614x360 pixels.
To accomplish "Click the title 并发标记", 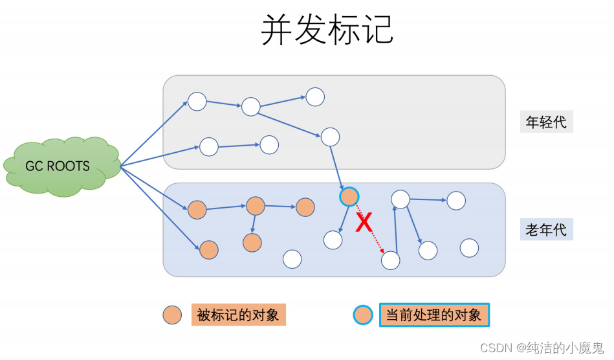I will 327,30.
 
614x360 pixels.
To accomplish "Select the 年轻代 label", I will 546,122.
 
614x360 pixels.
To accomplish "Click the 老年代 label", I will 546,230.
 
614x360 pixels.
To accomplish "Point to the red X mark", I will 365,223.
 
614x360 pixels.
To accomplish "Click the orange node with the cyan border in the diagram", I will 349,196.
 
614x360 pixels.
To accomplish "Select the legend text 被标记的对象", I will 238,315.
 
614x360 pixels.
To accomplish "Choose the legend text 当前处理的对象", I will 433,315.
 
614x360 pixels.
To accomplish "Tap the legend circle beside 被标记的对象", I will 172,315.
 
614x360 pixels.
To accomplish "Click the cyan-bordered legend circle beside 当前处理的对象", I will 362,315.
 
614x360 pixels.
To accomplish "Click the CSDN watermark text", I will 542,348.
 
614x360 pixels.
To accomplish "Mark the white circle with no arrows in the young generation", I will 315,97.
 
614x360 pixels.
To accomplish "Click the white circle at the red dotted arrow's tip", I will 390,260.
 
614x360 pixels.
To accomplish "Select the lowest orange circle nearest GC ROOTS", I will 208,249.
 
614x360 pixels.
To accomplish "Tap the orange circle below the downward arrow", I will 252,243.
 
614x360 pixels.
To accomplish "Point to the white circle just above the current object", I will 330,137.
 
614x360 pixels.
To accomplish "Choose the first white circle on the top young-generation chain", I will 197,102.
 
